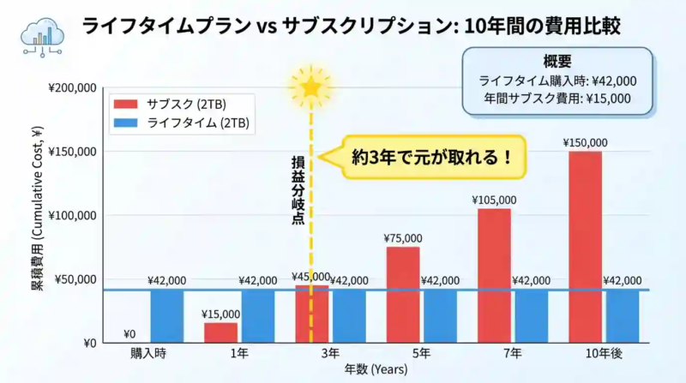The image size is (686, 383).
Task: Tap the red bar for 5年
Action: [x=403, y=295]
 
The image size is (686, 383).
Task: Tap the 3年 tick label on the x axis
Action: [x=329, y=354]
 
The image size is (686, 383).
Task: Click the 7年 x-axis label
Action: [x=513, y=354]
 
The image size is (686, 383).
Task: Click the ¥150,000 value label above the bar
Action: [x=586, y=142]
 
